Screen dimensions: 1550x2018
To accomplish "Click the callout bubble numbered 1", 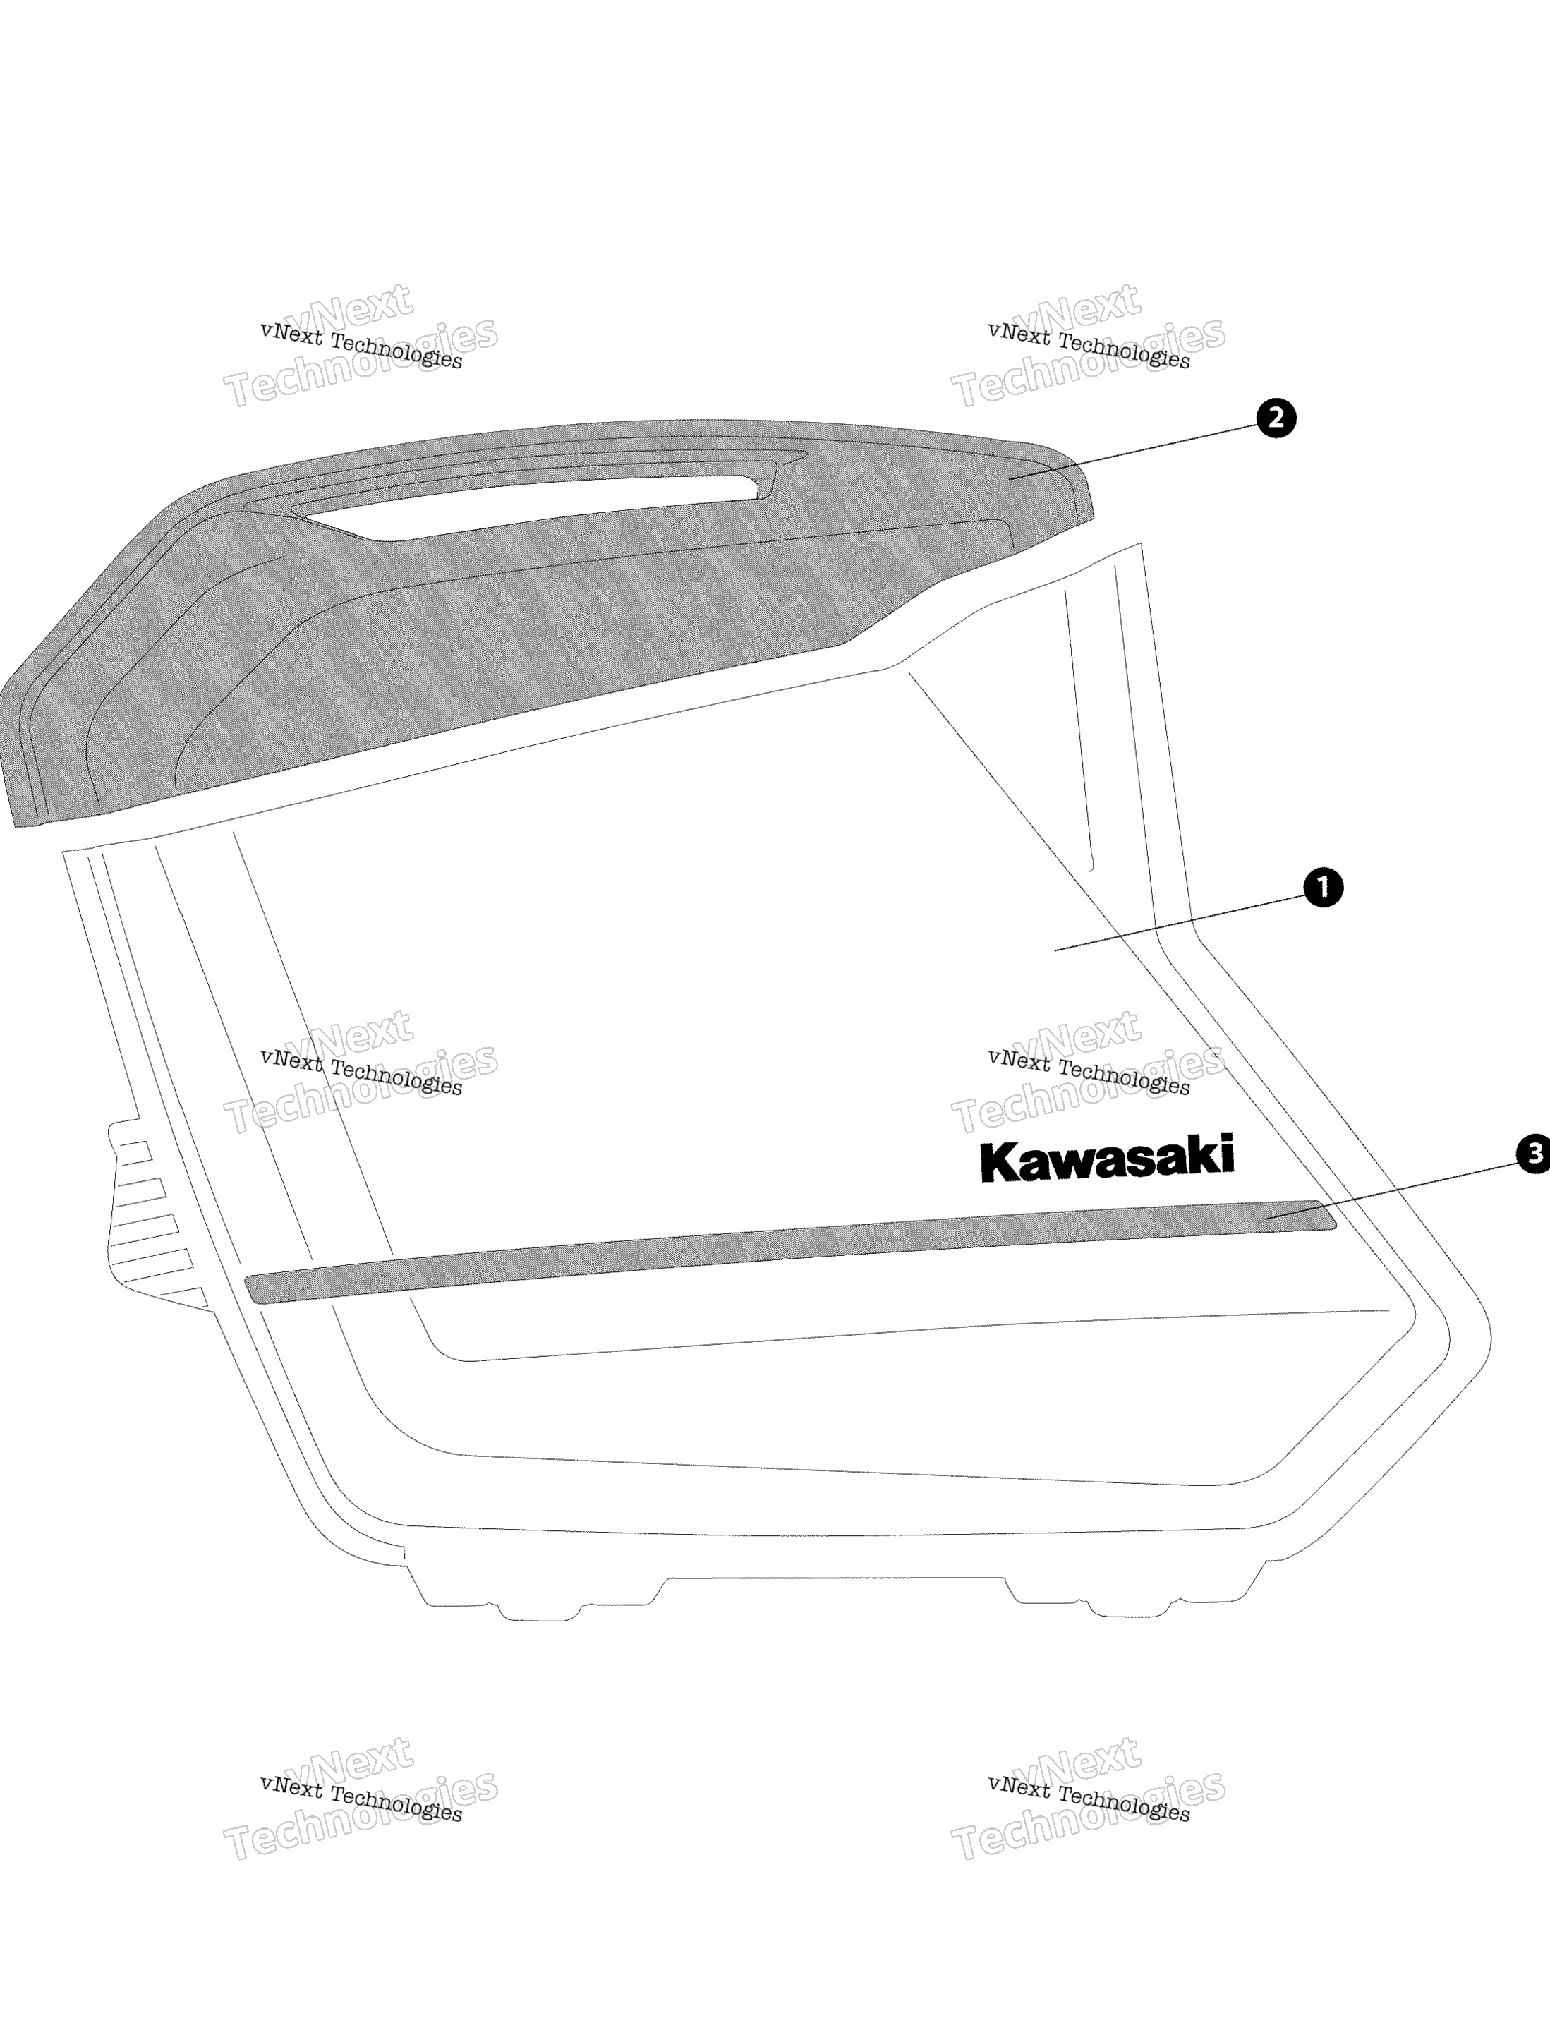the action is [x=1323, y=887].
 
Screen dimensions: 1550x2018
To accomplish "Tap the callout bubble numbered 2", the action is [x=1276, y=418].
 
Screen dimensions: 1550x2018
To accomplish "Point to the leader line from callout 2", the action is [x=1133, y=451].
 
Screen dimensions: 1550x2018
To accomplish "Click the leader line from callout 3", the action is [x=1391, y=1190].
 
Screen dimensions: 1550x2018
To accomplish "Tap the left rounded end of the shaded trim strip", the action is [x=251, y=1289].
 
